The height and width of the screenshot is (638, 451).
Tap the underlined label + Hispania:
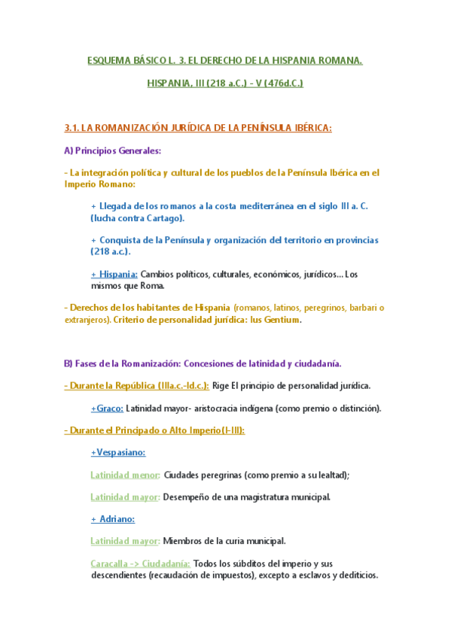(114, 274)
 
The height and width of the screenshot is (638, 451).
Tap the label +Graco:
(106, 409)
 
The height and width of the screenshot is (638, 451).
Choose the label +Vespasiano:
(117, 453)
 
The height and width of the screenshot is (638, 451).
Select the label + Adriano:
(112, 519)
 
